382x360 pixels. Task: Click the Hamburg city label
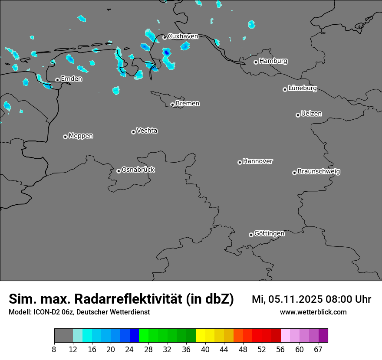tap(273, 61)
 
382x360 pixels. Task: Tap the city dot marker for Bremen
tap(172, 105)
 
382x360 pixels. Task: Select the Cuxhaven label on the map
tap(183, 36)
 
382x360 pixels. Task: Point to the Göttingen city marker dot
tap(251, 235)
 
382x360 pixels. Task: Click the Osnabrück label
tap(138, 170)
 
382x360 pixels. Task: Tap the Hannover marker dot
tap(240, 162)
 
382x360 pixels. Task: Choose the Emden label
tap(71, 79)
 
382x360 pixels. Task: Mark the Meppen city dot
tap(65, 137)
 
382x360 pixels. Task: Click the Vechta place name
tap(147, 131)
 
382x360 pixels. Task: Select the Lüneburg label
tap(303, 88)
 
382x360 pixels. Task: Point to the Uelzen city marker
tap(298, 115)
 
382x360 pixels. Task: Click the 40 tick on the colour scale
tap(205, 350)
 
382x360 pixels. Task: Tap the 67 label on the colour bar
tap(318, 350)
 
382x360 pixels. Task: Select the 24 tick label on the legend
tap(129, 350)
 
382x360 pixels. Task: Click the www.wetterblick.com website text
tap(313, 312)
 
